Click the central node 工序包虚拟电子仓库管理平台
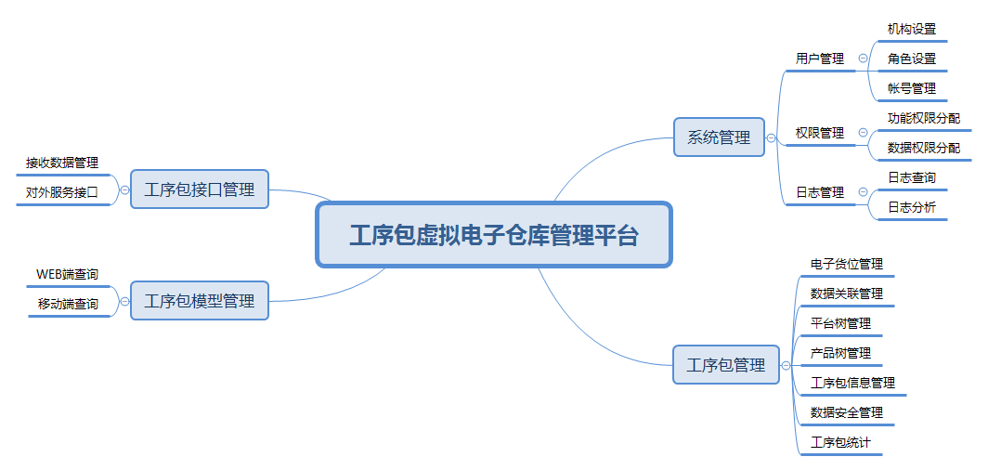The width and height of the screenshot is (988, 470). pyautogui.click(x=493, y=235)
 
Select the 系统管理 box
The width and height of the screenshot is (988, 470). pyautogui.click(x=719, y=137)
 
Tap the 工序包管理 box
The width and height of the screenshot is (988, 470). pyautogui.click(x=725, y=365)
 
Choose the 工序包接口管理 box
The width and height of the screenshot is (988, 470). pyautogui.click(x=199, y=189)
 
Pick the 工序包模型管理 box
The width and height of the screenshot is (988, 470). pyautogui.click(x=199, y=301)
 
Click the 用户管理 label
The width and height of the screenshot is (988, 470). pyautogui.click(x=820, y=59)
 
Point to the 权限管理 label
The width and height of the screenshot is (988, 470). pyautogui.click(x=820, y=133)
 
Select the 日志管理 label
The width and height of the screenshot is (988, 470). pyautogui.click(x=820, y=192)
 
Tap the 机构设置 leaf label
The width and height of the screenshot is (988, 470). pyautogui.click(x=911, y=29)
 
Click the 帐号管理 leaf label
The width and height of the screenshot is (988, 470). pyautogui.click(x=911, y=88)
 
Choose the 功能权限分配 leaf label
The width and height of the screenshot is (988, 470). pyautogui.click(x=923, y=118)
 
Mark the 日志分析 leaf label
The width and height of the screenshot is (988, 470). pyautogui.click(x=911, y=207)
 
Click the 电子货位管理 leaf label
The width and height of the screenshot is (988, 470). pyautogui.click(x=846, y=264)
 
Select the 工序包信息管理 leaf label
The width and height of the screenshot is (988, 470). pyautogui.click(x=852, y=383)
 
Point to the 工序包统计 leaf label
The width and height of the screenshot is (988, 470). pyautogui.click(x=840, y=442)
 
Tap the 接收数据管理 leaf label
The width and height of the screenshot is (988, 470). pyautogui.click(x=62, y=163)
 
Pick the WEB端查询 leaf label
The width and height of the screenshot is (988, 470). pyautogui.click(x=67, y=274)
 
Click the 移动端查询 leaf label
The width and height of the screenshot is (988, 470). pyautogui.click(x=68, y=304)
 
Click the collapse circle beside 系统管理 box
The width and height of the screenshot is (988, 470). pyautogui.click(x=771, y=137)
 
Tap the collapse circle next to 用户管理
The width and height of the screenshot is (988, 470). pyautogui.click(x=863, y=59)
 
